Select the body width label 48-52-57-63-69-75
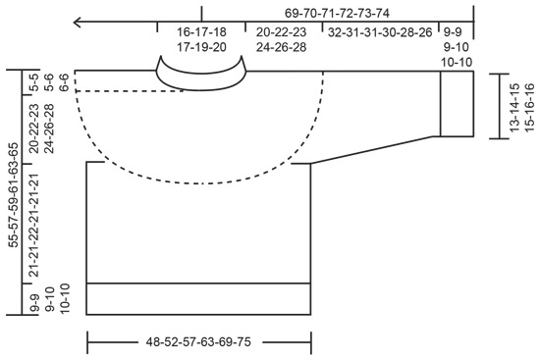point(198,344)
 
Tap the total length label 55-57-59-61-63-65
point(13,192)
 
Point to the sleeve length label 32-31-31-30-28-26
point(378,31)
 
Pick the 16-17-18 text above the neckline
point(201,31)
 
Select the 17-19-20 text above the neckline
point(201,46)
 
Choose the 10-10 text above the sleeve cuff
point(457,61)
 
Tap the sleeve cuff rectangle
point(457,103)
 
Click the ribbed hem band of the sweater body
point(198,298)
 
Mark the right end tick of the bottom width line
point(312,344)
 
